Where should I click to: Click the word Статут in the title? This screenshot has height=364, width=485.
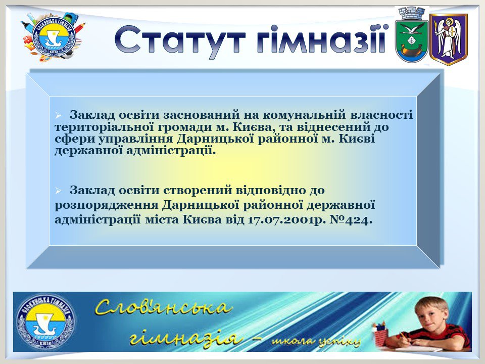pyautogui.click(x=180, y=41)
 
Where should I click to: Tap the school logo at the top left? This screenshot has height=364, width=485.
pyautogui.click(x=53, y=36)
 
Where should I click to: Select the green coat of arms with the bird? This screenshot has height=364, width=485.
pyautogui.click(x=411, y=35)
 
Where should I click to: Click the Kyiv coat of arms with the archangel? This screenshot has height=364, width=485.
pyautogui.click(x=448, y=39)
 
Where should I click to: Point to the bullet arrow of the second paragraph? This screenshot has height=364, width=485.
pyautogui.click(x=58, y=191)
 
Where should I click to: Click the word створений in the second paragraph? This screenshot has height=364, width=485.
pyautogui.click(x=198, y=190)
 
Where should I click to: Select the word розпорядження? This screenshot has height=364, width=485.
pyautogui.click(x=106, y=205)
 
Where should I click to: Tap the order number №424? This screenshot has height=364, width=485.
pyautogui.click(x=351, y=220)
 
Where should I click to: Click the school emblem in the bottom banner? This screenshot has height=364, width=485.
pyautogui.click(x=45, y=322)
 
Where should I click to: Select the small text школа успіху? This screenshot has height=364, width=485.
pyautogui.click(x=316, y=341)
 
